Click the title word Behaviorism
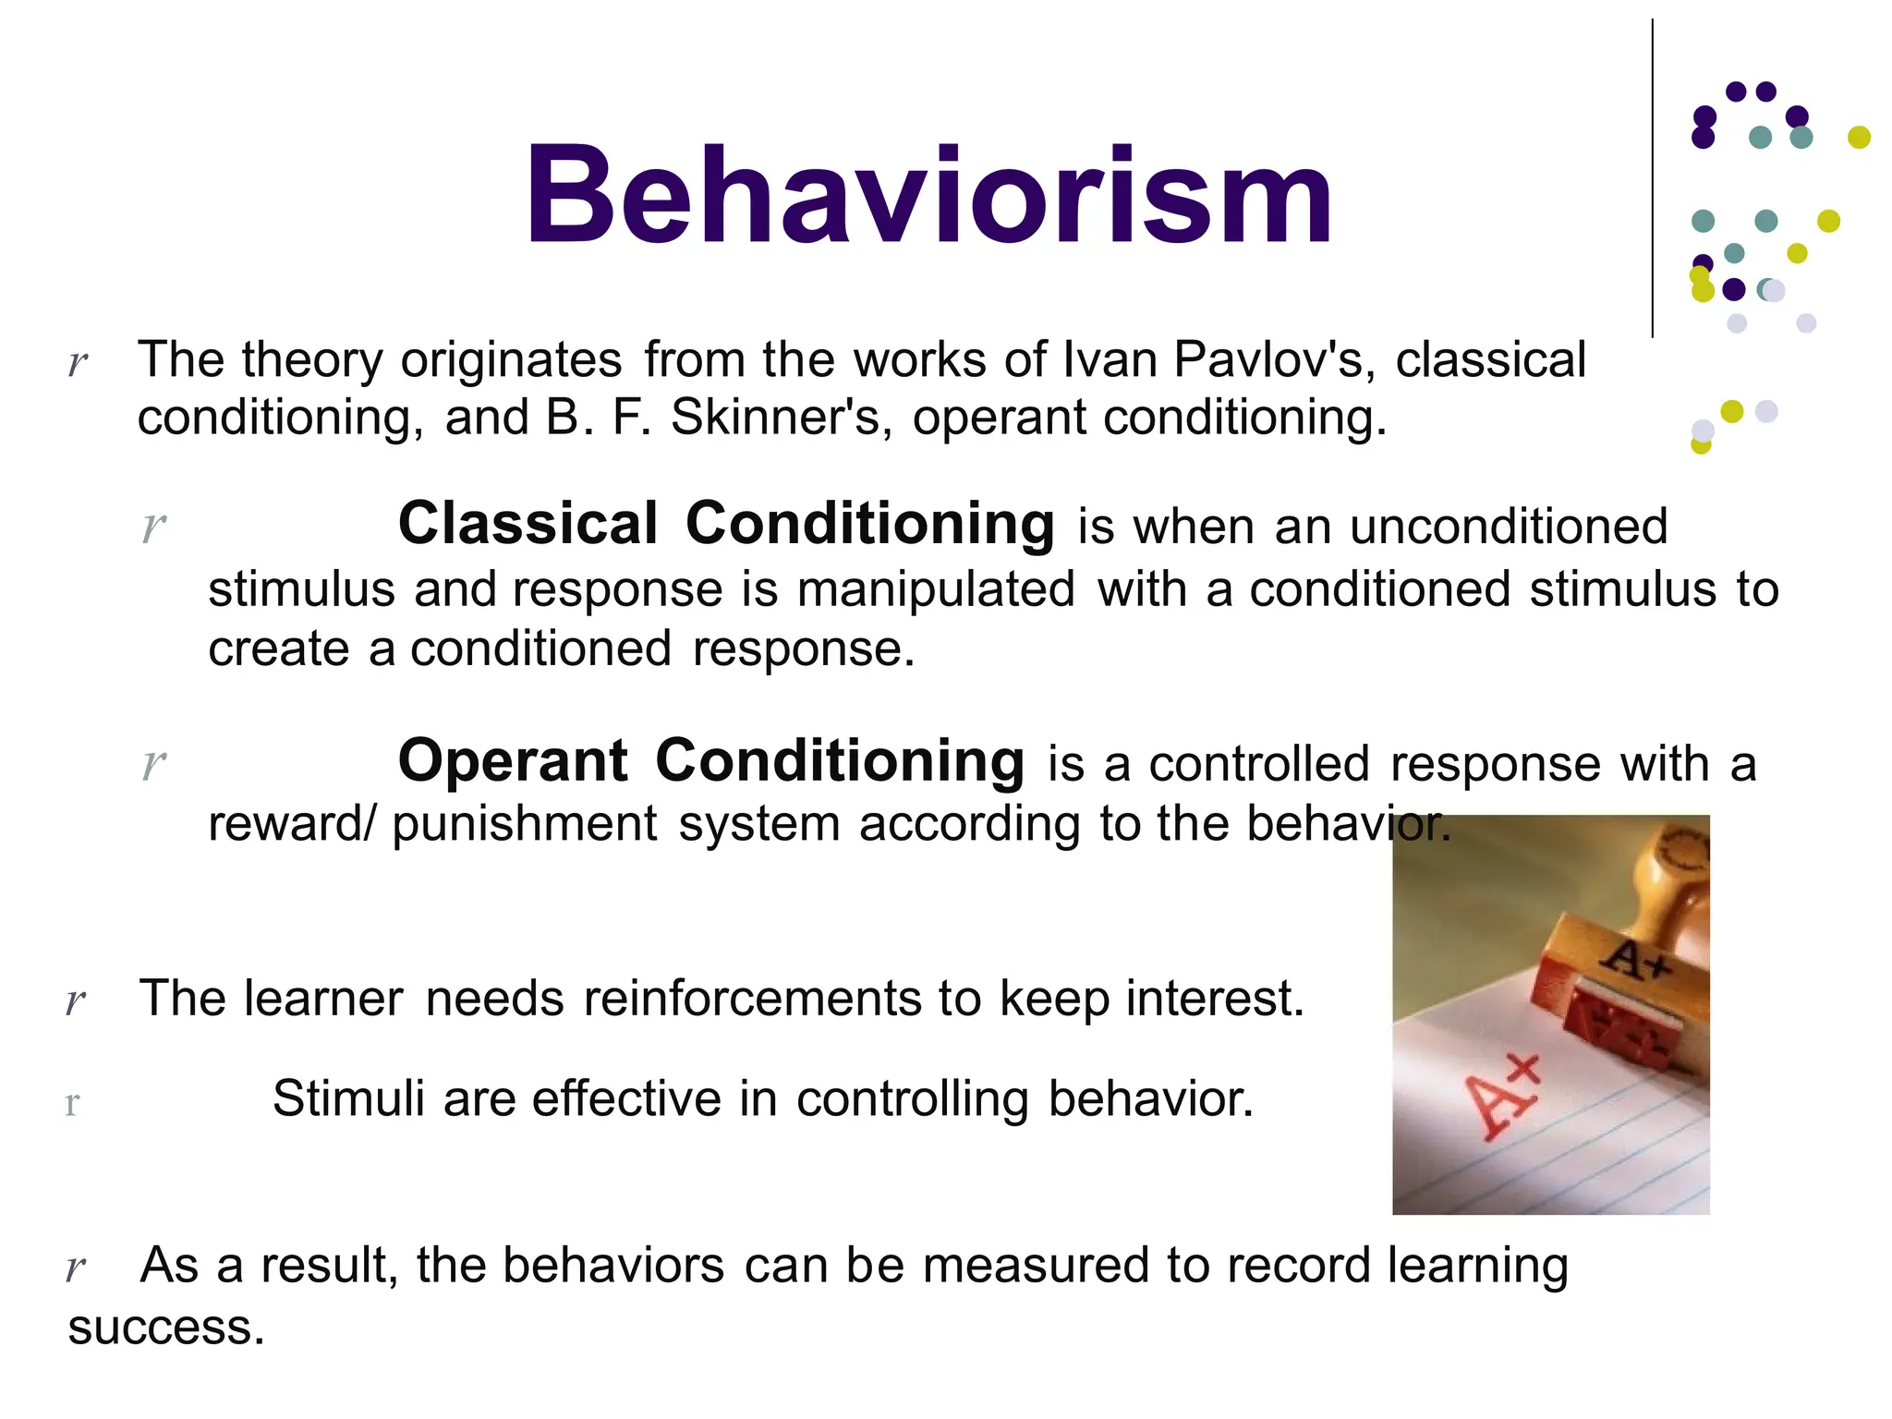point(928,196)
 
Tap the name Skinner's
point(781,418)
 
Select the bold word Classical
point(528,524)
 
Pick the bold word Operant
point(513,761)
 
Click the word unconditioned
point(1508,527)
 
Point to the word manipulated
point(936,589)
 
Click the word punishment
point(524,823)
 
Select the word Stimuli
point(347,1099)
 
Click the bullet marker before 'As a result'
point(76,1267)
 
